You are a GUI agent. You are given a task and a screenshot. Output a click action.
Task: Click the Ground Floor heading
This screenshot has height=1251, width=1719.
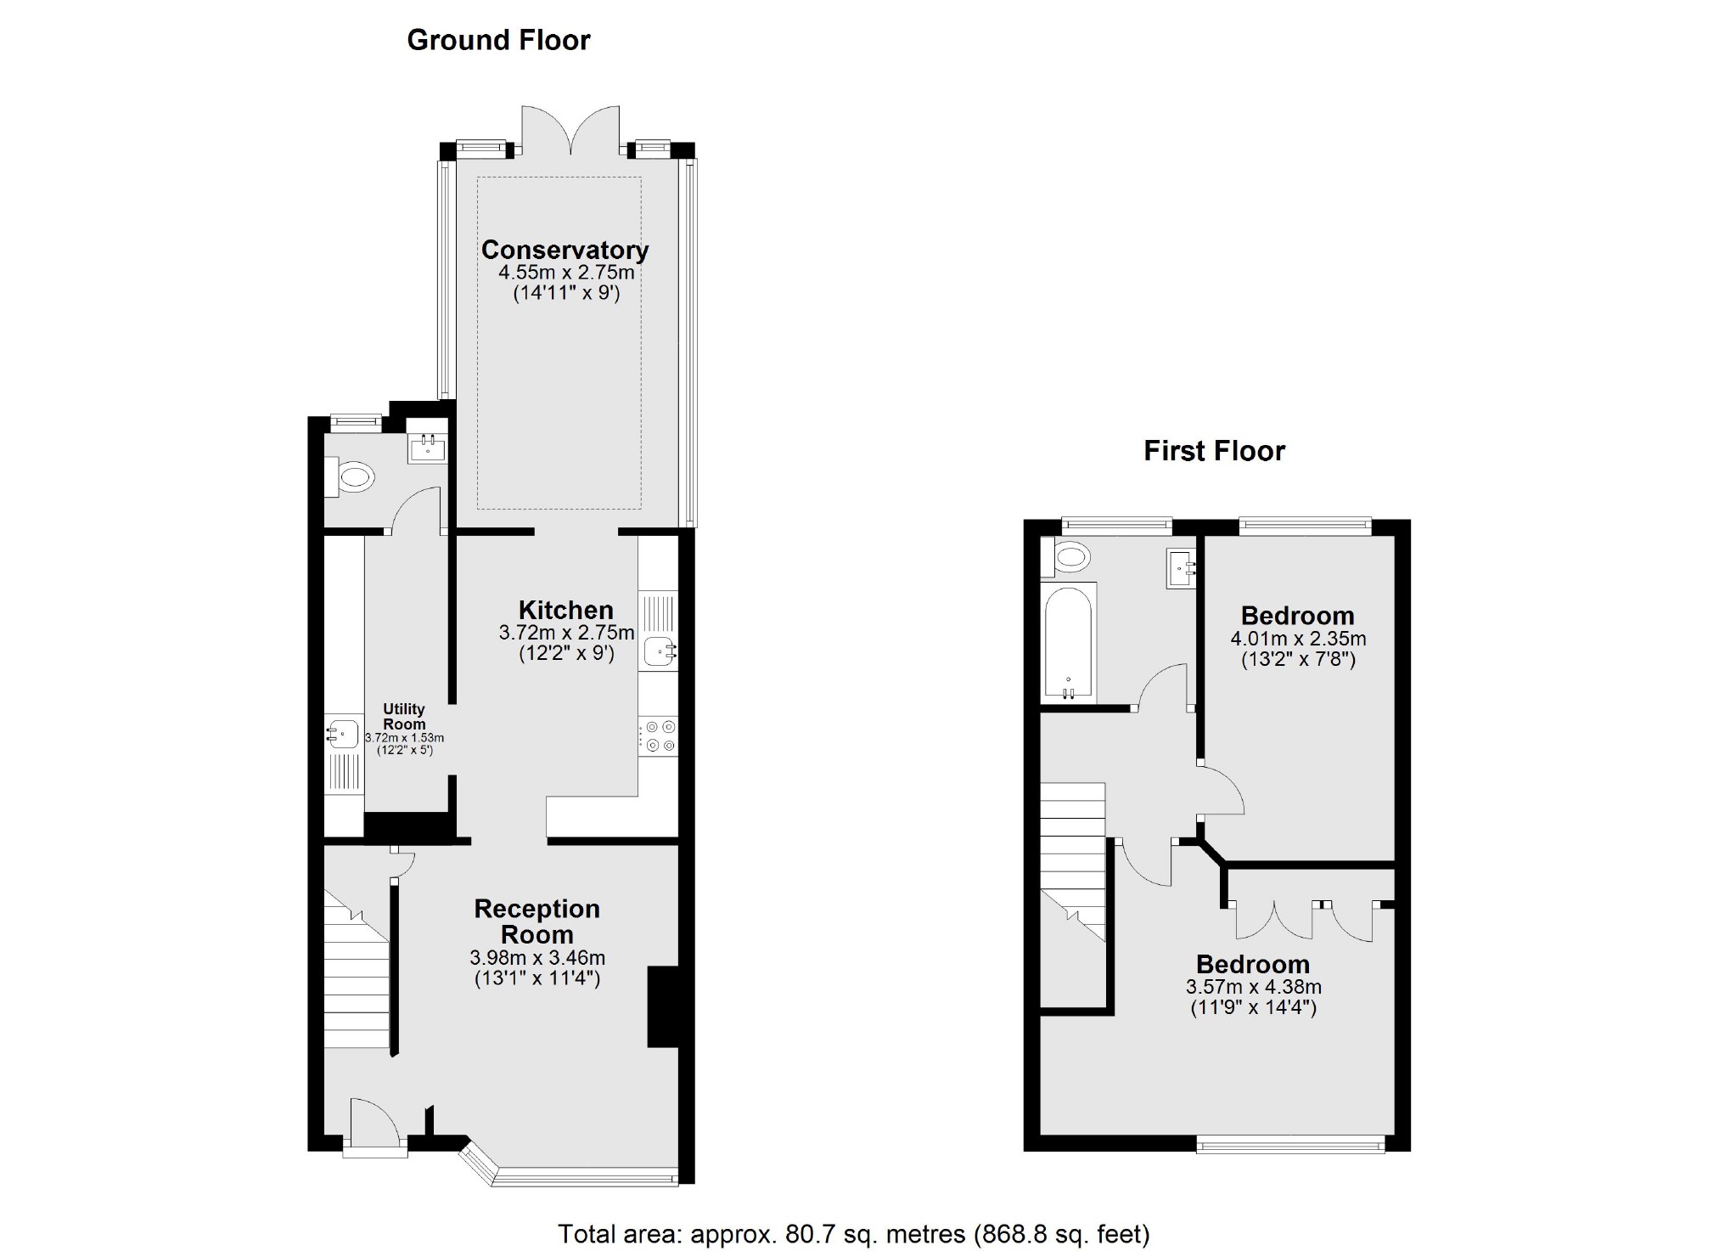pos(498,40)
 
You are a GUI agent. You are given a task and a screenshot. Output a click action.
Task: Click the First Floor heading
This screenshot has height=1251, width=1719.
pos(1214,450)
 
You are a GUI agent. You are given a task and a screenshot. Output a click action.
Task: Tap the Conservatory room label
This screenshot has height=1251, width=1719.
pos(565,250)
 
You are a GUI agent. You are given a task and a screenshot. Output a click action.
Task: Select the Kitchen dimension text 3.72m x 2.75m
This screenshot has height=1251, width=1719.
pos(566,633)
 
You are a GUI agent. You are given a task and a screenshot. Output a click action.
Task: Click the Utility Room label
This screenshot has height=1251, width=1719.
pos(404,716)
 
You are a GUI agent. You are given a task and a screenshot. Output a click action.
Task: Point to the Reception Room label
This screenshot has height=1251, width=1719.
pos(536,921)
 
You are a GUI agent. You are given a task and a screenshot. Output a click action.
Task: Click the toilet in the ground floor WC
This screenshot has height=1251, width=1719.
pos(351,477)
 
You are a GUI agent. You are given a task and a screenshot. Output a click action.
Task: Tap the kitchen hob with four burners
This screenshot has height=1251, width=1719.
pos(659,736)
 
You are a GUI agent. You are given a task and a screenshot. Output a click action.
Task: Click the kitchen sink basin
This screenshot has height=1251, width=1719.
pos(659,652)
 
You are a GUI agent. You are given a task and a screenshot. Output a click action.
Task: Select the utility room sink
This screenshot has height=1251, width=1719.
pos(343,733)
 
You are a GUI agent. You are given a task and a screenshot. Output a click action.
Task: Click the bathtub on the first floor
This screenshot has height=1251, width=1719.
pos(1068,643)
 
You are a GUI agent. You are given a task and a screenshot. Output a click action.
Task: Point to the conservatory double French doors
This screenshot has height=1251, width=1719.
pos(570,129)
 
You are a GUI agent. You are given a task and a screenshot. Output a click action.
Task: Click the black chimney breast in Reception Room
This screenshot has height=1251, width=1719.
pos(663,1006)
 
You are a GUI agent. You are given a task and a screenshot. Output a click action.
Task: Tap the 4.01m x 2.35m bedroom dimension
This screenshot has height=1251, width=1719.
pos(1298,639)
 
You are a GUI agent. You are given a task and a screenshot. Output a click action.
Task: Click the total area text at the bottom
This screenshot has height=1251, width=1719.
pos(852,1233)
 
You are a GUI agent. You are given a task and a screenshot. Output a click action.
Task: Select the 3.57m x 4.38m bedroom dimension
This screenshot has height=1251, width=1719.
pos(1253,987)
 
